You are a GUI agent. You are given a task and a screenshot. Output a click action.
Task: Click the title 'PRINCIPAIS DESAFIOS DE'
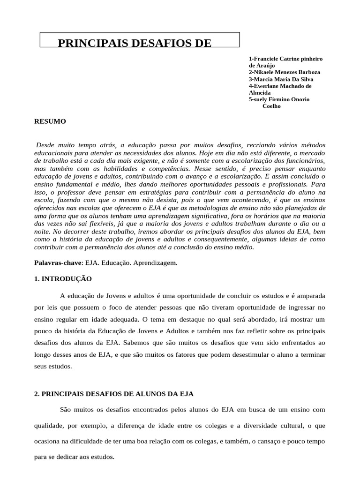click(x=134, y=44)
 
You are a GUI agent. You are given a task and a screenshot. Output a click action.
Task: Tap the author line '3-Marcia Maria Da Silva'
click(x=281, y=79)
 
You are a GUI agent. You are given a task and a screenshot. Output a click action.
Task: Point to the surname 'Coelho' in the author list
click(x=271, y=106)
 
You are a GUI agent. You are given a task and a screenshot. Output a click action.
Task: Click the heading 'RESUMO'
click(x=50, y=121)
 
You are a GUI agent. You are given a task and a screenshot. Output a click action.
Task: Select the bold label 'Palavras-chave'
click(x=52, y=263)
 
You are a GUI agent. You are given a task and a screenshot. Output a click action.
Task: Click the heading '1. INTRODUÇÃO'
click(x=63, y=279)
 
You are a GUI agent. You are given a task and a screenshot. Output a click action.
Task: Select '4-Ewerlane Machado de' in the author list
click(x=280, y=86)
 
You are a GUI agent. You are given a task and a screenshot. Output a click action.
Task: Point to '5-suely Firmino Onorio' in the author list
click(x=279, y=99)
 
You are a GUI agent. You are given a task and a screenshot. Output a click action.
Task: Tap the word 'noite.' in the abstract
click(x=42, y=232)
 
